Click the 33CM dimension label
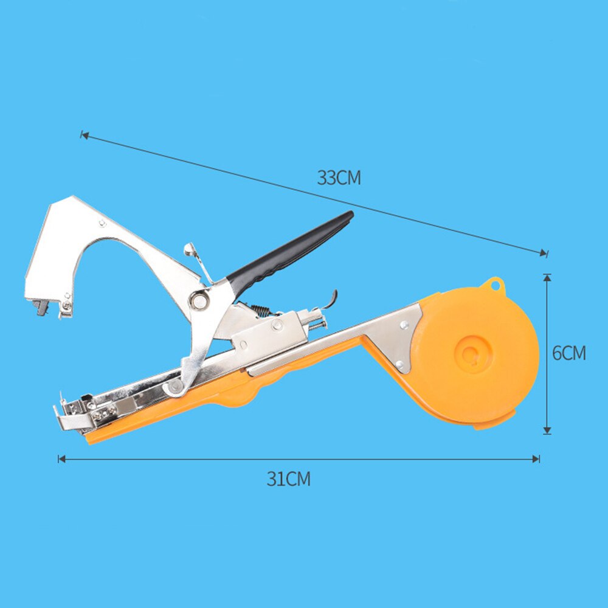pos(339,178)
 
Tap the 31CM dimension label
pos(288,479)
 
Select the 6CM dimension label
pos(569,353)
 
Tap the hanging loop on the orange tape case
pos(494,285)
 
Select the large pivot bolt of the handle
pos(198,300)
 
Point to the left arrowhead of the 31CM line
pos(60,459)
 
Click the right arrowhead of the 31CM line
pos(537,459)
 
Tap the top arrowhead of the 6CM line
pos(547,277)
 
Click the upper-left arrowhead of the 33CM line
pos(84,135)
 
